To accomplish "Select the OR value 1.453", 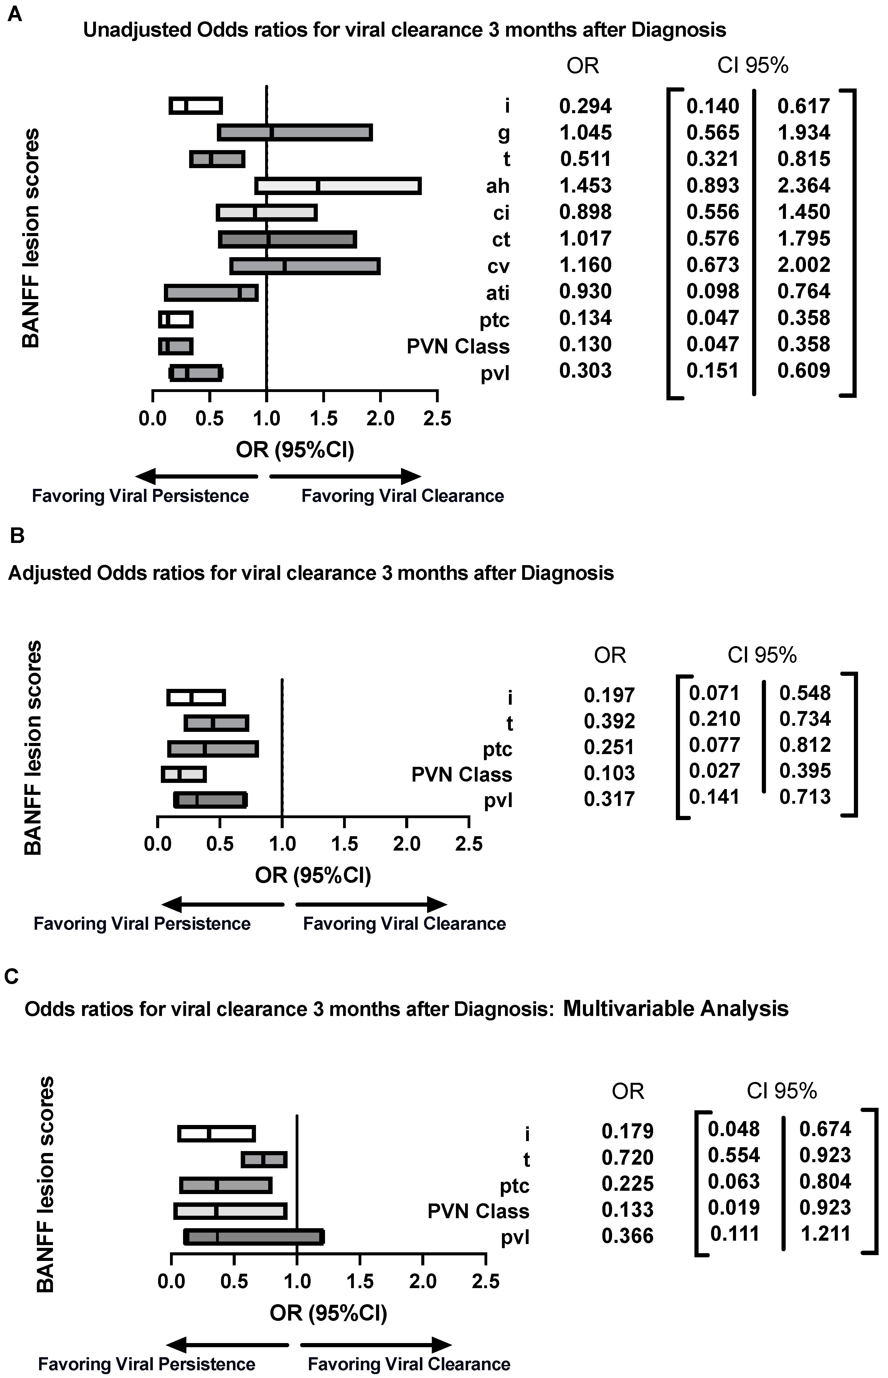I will tap(585, 186).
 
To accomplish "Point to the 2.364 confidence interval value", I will tap(804, 186).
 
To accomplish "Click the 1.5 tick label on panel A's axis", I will tap(323, 418).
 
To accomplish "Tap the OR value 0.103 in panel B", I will tap(609, 773).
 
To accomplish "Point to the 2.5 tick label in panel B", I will tap(469, 844).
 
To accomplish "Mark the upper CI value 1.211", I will tap(826, 1233).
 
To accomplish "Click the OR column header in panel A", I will tap(582, 66).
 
